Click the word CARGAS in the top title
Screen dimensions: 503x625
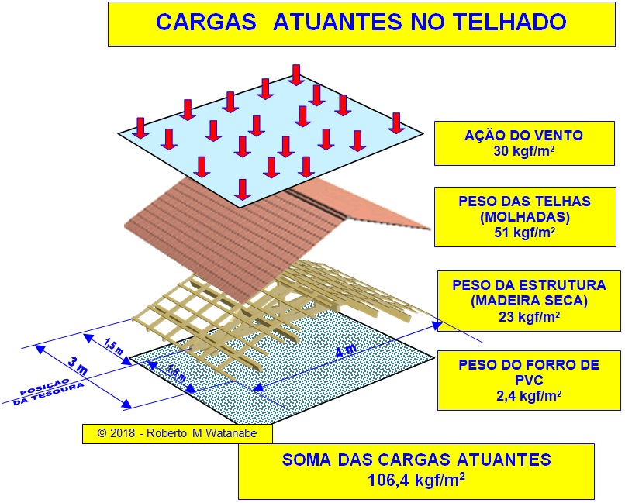(205, 21)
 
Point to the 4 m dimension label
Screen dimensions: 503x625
(346, 350)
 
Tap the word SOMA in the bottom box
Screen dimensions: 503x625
(309, 460)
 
